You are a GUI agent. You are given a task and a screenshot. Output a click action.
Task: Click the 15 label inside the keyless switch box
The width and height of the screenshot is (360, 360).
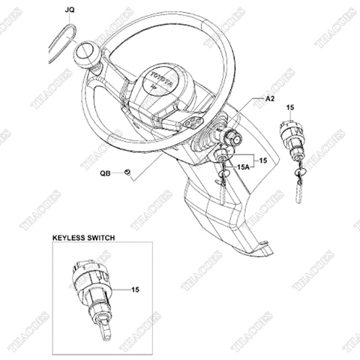pyautogui.click(x=135, y=288)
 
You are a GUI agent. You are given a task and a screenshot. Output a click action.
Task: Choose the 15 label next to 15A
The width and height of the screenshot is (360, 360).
pyautogui.click(x=262, y=159)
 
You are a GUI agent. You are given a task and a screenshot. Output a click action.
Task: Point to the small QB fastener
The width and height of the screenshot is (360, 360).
pyautogui.click(x=128, y=173)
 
